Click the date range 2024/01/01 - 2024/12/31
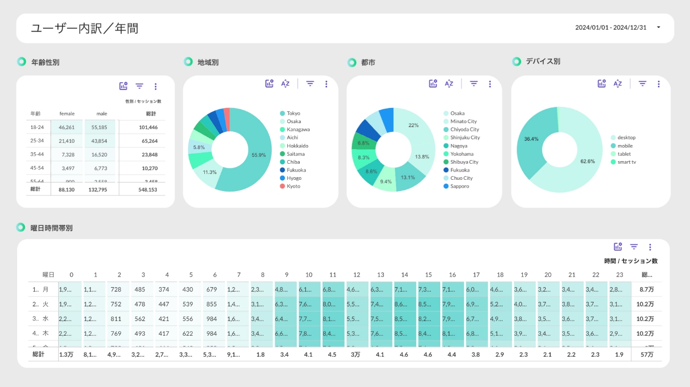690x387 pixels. click(x=611, y=27)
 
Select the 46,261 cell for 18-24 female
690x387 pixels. click(x=66, y=127)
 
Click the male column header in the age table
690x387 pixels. click(x=102, y=114)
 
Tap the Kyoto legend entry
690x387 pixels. click(x=293, y=186)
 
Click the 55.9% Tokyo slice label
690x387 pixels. click(x=259, y=155)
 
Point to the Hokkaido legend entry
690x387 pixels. click(x=297, y=146)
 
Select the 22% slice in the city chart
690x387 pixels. click(x=413, y=125)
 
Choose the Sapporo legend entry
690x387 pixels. click(x=459, y=186)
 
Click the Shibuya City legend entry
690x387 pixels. click(x=464, y=162)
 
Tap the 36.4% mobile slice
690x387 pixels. click(x=531, y=139)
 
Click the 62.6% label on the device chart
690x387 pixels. click(x=588, y=161)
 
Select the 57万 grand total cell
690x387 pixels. click(x=647, y=354)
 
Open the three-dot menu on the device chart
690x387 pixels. click(x=659, y=84)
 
